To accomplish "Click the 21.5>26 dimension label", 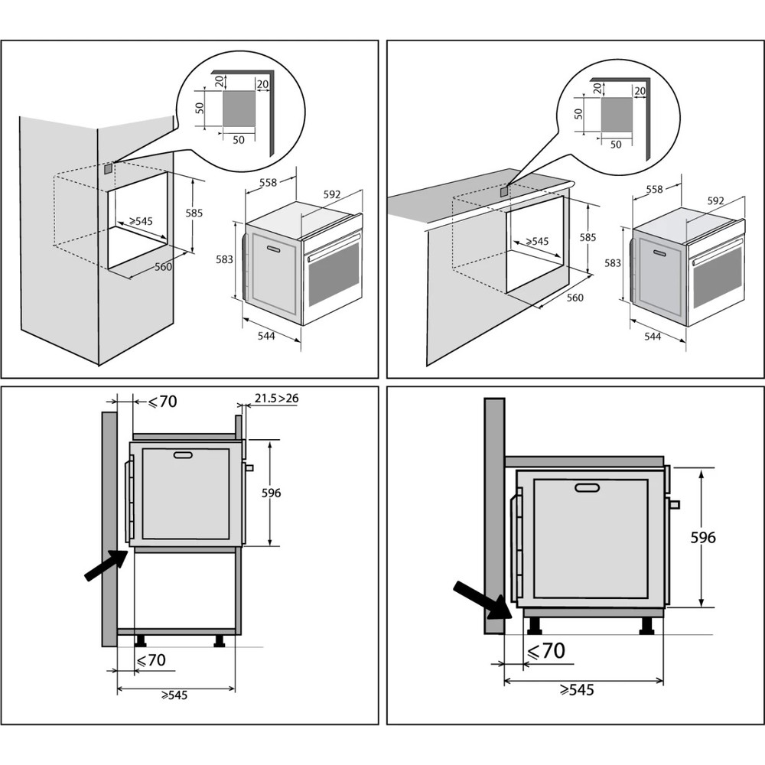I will (276, 399).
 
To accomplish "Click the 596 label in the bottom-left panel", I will (270, 493).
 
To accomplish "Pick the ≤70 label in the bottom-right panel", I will (546, 651).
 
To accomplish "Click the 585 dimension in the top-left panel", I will (194, 213).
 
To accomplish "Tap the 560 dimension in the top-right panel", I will (574, 298).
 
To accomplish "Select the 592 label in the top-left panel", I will (331, 194).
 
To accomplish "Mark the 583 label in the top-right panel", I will (611, 263).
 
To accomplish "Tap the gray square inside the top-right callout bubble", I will (616, 113).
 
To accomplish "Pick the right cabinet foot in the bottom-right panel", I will (647, 627).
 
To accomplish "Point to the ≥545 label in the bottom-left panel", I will (174, 695).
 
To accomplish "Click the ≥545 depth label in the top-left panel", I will (141, 221).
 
